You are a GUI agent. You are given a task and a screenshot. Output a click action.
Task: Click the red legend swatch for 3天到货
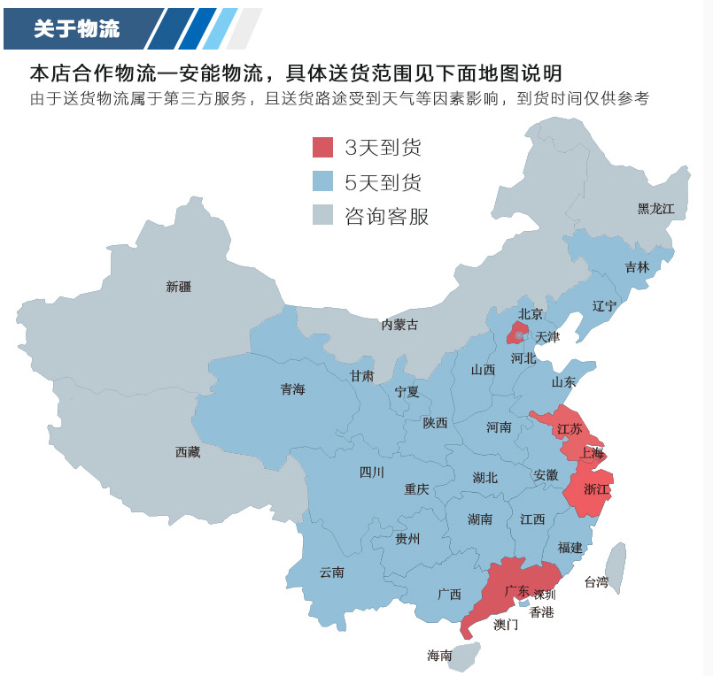click(323, 147)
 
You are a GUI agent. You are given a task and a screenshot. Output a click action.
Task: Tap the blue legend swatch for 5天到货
click(323, 182)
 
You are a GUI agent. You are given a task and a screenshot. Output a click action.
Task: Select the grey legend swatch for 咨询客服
click(323, 216)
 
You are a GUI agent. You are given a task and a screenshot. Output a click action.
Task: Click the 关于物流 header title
click(76, 28)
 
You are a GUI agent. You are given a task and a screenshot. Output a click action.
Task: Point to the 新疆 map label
click(178, 287)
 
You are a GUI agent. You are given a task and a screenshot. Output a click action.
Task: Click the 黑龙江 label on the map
click(655, 209)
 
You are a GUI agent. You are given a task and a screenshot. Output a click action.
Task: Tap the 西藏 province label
click(188, 452)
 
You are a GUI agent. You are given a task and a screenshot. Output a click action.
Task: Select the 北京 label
click(530, 313)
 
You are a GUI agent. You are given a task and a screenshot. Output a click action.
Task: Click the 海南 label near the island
click(439, 656)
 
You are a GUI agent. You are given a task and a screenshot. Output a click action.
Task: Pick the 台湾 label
click(596, 582)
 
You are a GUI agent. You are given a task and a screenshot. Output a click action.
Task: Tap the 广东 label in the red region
click(517, 590)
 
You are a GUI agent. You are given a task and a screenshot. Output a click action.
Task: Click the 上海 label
click(592, 453)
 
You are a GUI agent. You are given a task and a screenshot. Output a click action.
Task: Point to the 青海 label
click(292, 389)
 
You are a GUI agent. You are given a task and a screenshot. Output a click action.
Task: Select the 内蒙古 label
click(399, 325)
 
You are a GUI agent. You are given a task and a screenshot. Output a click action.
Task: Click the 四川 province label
click(371, 472)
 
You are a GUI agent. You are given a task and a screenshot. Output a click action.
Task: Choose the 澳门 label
click(506, 625)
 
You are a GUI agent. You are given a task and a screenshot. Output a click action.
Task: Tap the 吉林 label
click(637, 266)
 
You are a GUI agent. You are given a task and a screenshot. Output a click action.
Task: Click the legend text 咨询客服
click(386, 217)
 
